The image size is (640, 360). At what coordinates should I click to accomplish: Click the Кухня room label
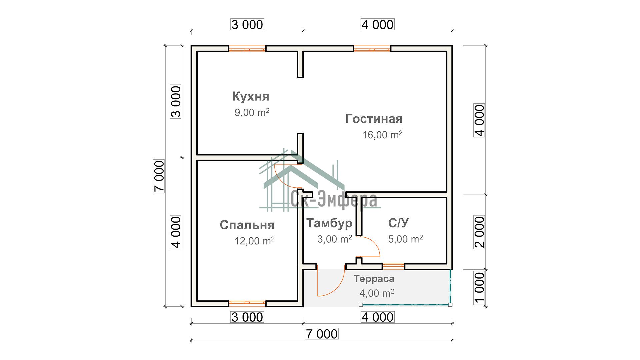click(251, 96)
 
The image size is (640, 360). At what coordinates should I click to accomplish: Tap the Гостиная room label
click(374, 119)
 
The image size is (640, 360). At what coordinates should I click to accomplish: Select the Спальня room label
click(247, 225)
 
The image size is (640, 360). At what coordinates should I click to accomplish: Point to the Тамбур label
click(329, 223)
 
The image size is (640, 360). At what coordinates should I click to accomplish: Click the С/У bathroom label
click(398, 223)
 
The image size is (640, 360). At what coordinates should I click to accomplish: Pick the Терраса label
click(374, 279)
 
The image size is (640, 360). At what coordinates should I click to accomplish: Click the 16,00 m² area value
click(382, 135)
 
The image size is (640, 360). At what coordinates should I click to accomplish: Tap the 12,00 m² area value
click(254, 241)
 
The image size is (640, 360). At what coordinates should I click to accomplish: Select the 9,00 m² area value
click(252, 112)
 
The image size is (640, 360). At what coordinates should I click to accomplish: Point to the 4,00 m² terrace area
click(377, 293)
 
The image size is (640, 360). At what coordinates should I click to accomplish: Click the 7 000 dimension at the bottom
click(322, 334)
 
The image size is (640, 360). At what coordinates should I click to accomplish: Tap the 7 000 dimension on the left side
click(159, 176)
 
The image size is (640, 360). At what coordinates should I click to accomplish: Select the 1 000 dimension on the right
click(479, 287)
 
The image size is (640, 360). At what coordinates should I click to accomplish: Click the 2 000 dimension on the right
click(479, 232)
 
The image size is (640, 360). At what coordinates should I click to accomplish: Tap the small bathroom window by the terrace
click(393, 266)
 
